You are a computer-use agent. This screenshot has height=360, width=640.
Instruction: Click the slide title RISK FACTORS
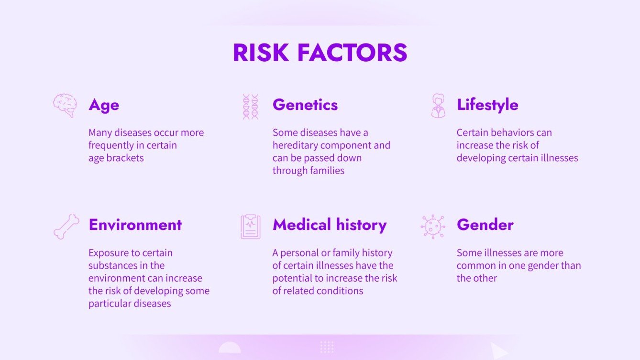coord(320,53)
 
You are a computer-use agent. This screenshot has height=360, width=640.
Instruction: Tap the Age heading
coord(104,105)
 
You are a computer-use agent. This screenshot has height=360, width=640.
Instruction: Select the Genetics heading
coord(305,105)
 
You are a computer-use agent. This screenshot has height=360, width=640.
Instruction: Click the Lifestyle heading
coord(487,105)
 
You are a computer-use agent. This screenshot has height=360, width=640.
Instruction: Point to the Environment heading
coord(135,225)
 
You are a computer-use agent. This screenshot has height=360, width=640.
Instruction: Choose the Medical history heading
coord(330,225)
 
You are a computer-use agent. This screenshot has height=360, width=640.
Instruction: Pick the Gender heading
coord(485,225)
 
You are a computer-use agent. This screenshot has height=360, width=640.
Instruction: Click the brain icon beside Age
coord(65,105)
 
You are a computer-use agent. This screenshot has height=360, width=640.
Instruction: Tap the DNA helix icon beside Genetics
coord(250,106)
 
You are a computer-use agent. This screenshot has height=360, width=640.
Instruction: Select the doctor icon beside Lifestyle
coord(438,106)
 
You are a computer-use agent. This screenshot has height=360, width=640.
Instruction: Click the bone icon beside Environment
coord(66,227)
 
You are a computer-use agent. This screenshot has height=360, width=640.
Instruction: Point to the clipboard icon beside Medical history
coord(250,227)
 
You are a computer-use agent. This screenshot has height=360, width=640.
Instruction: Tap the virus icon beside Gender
coord(433,227)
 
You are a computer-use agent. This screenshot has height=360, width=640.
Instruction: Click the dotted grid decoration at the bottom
coord(327,347)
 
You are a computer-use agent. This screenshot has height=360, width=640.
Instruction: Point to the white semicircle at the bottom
coord(230,349)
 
